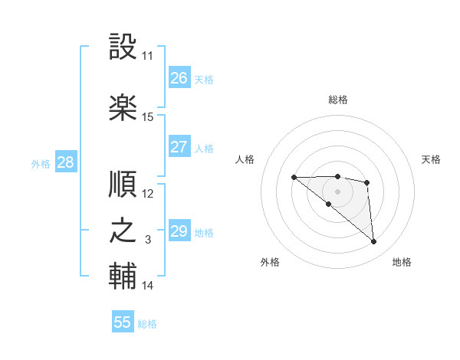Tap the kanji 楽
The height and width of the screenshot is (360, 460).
[x=123, y=107]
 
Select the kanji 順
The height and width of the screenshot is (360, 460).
[x=123, y=184]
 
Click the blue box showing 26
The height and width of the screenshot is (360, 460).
[x=179, y=78]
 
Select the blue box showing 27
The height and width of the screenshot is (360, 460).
[x=179, y=147]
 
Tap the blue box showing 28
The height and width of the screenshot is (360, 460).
[x=65, y=162]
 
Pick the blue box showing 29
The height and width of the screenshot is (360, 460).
[x=179, y=231]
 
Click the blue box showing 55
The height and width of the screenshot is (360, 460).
[x=123, y=322]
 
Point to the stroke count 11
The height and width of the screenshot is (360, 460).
[x=148, y=56]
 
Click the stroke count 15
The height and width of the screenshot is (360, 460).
[x=148, y=117]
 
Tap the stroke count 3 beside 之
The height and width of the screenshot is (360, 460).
[x=148, y=241]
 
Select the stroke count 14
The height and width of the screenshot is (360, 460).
[x=148, y=286]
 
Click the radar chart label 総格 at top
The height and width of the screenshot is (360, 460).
[x=338, y=100]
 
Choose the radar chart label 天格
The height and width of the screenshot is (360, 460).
[x=432, y=159]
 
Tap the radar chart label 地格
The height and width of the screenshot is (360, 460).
[x=402, y=262]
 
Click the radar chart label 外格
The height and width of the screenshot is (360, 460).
[x=270, y=262]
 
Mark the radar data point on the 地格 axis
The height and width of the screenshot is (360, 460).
[x=374, y=242]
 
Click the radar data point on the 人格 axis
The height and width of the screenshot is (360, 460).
[x=294, y=178]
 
